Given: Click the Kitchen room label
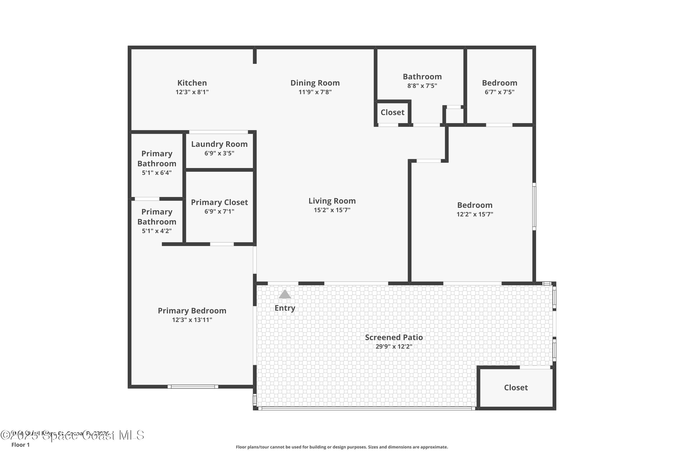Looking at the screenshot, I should click(192, 83).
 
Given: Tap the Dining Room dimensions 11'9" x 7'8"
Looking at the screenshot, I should click(315, 92).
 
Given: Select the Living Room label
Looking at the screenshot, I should click(332, 201).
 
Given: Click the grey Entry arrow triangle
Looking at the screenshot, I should click(285, 295).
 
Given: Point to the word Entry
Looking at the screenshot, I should click(285, 308).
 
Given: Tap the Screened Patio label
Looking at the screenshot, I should click(394, 337).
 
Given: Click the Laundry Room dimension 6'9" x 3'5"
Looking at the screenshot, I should click(219, 153).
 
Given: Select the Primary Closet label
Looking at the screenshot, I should click(219, 202).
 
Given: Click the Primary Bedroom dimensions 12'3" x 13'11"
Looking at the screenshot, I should click(192, 320).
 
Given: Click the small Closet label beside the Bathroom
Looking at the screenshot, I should click(392, 113).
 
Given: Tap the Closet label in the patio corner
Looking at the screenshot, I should click(516, 388).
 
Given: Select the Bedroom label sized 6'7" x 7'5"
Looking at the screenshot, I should click(499, 83).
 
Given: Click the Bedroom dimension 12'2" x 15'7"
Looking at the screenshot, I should click(475, 214).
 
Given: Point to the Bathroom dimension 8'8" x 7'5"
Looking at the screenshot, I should click(422, 86).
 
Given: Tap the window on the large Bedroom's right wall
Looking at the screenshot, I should click(534, 207).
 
